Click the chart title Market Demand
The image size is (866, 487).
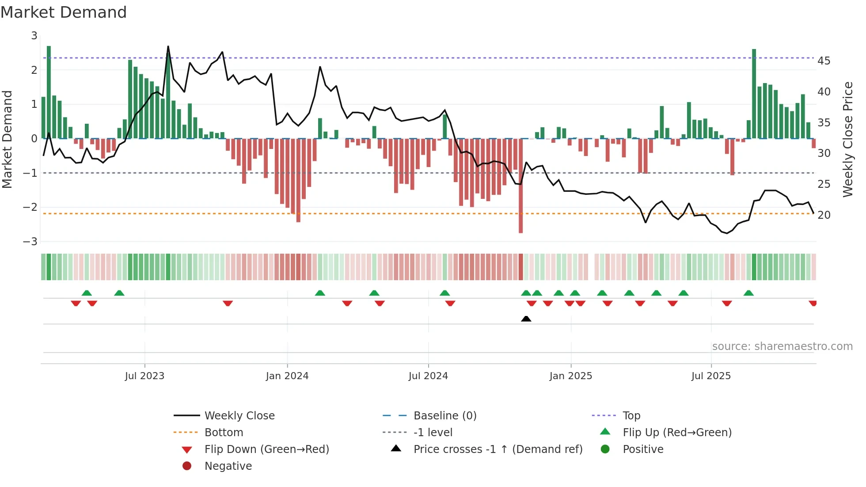(x=64, y=12)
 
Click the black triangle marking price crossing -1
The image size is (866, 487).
(x=526, y=319)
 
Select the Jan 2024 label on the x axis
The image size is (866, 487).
(x=287, y=376)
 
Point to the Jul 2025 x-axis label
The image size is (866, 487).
(x=711, y=376)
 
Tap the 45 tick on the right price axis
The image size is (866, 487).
(x=824, y=61)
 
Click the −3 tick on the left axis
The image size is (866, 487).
(x=30, y=242)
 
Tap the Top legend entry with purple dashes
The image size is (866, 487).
(x=631, y=416)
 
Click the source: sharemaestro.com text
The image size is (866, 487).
(x=782, y=346)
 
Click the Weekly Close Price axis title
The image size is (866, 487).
(x=847, y=139)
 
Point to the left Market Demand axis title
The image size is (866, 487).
(x=8, y=139)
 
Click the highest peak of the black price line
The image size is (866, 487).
(x=168, y=46)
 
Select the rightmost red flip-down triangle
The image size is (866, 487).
(x=813, y=303)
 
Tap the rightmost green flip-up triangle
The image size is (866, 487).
(x=748, y=293)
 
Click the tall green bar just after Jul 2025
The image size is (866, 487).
(x=754, y=94)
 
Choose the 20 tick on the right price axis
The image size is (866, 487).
(x=824, y=215)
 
